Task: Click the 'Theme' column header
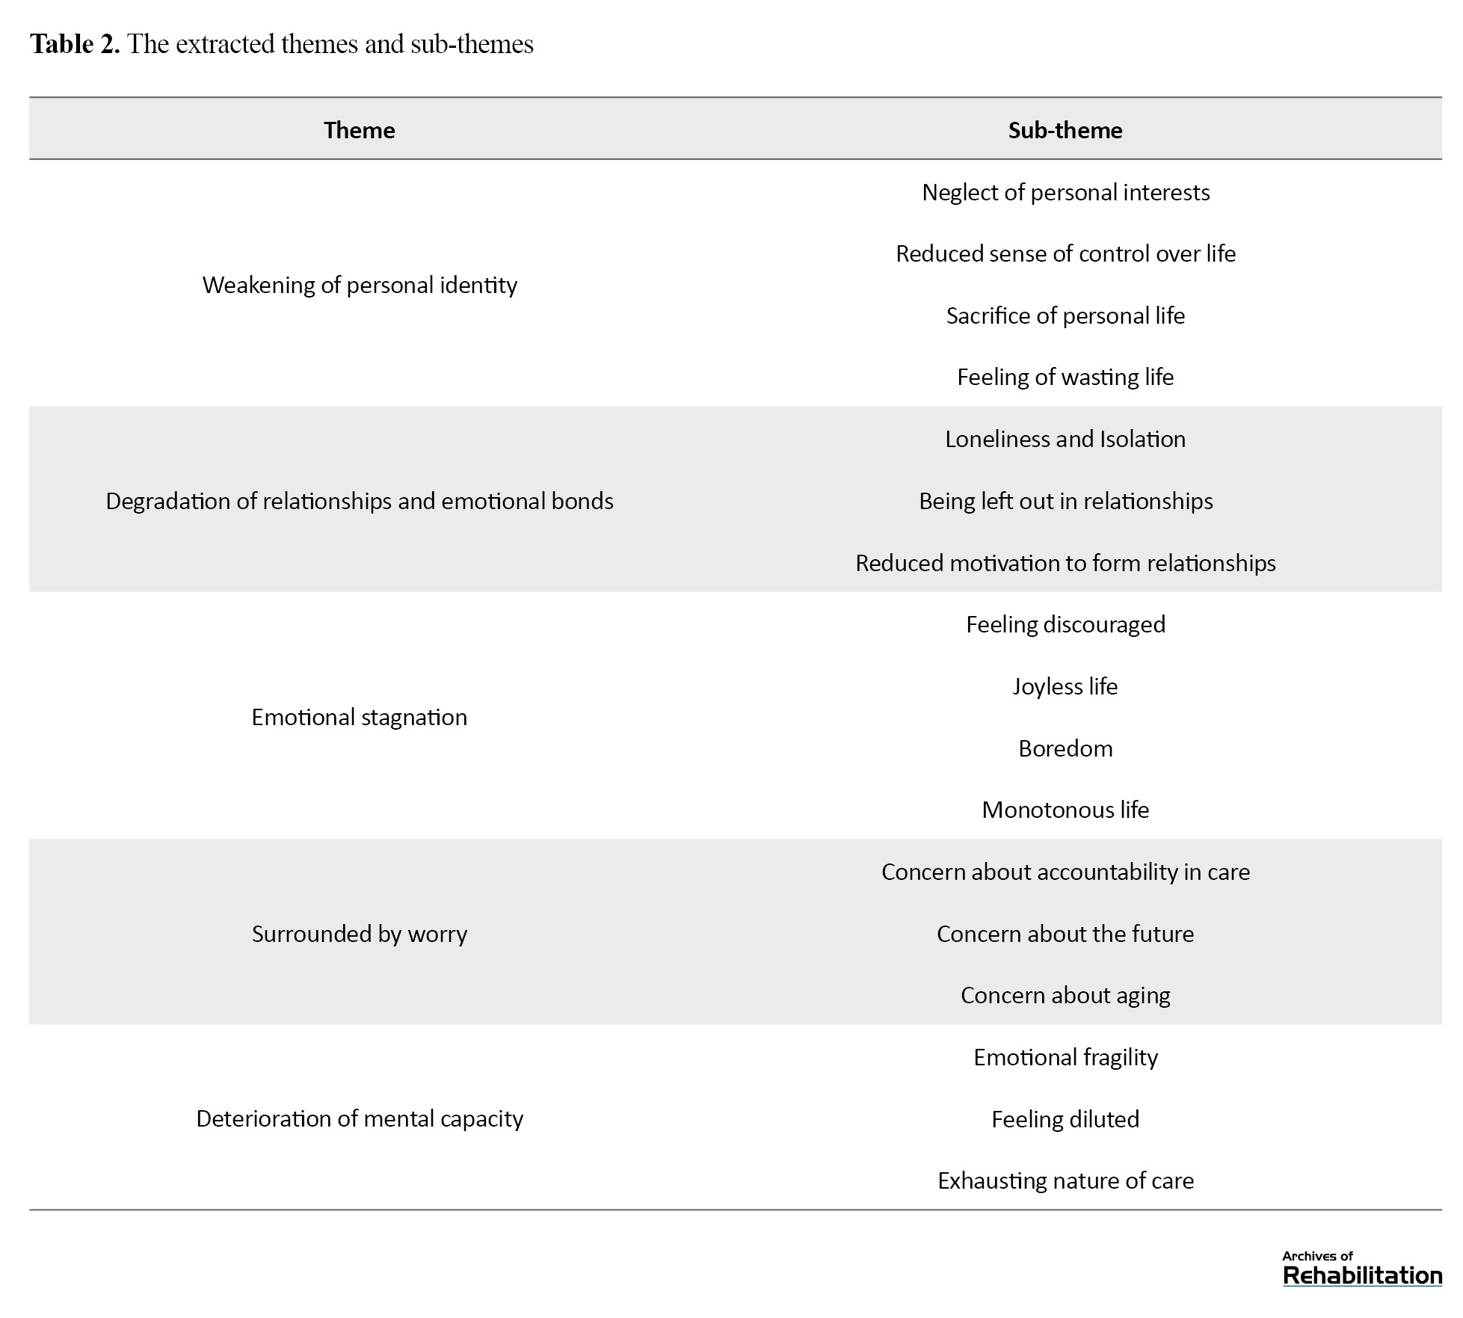pos(359,130)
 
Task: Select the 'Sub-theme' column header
pos(1065,130)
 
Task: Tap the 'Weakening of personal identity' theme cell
pos(360,285)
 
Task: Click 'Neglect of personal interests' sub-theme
pos(1065,192)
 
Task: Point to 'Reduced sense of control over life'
pos(1065,254)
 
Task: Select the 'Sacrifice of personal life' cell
pos(1065,315)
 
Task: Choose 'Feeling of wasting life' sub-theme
pos(1065,377)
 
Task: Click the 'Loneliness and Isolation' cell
pos(1065,439)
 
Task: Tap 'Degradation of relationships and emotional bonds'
pos(360,501)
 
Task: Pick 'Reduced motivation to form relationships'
pos(1065,563)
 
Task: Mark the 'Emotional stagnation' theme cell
pos(360,717)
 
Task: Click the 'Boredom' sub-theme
pos(1065,748)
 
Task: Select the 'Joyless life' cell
pos(1065,686)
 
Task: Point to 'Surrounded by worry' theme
pos(360,934)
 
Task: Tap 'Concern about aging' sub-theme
pos(1065,995)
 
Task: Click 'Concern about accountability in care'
pos(1065,872)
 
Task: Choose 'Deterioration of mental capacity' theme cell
pos(360,1118)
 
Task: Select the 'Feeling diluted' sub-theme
pos(1065,1119)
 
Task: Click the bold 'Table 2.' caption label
pos(75,44)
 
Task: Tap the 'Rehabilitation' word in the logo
pos(1362,1275)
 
